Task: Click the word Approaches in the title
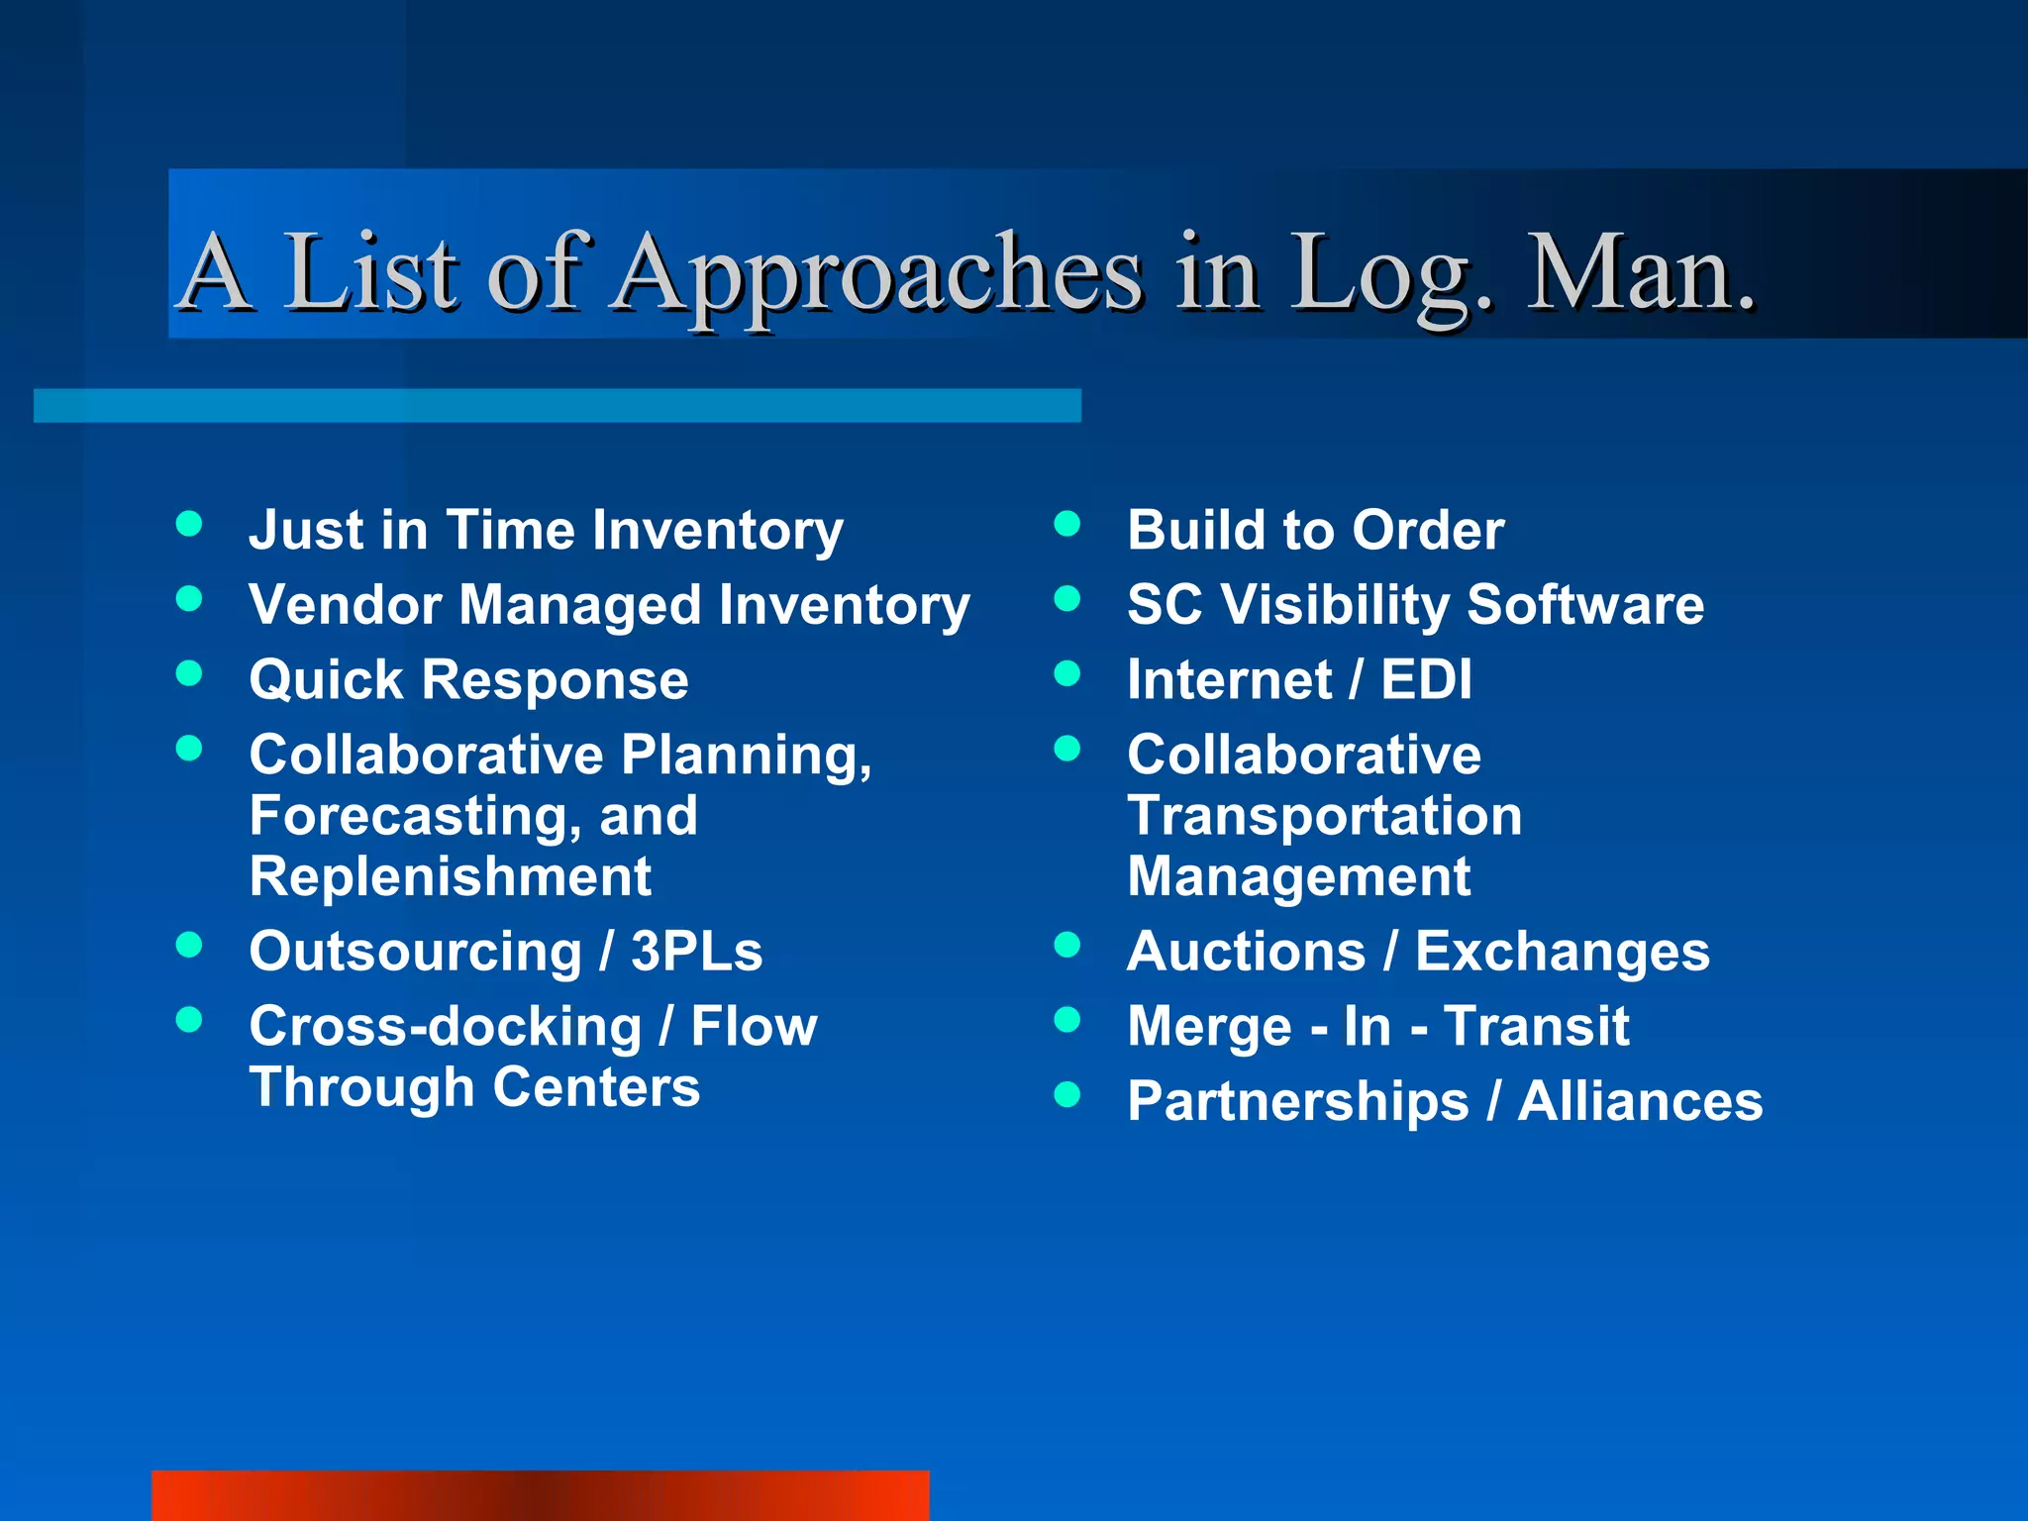coord(876,273)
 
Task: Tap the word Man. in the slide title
coord(1639,273)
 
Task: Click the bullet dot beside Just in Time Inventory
coord(189,524)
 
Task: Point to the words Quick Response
coord(468,680)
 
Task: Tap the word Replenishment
coord(450,876)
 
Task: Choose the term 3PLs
coord(696,952)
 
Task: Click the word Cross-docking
coord(445,1026)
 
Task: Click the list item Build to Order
coord(1315,530)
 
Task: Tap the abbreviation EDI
coord(1426,680)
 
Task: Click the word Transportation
coord(1324,816)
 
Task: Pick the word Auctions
coord(1246,952)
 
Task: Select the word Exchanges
coord(1562,952)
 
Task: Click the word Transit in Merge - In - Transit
coord(1536,1026)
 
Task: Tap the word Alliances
coord(1640,1101)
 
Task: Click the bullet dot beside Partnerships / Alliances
coord(1066,1094)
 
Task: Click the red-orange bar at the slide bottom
coord(540,1495)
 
